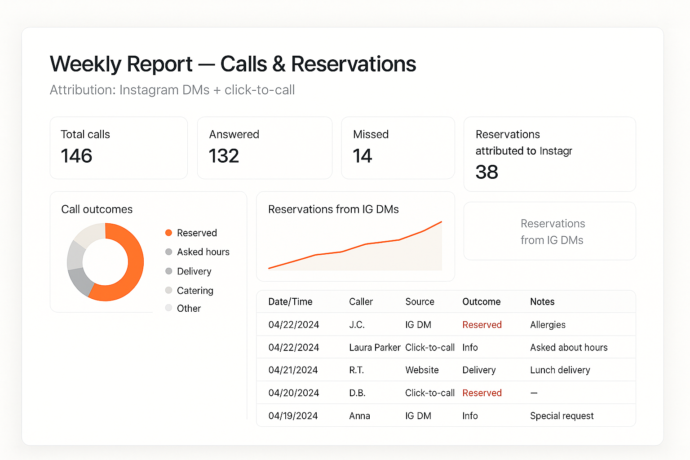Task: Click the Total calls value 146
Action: coord(76,156)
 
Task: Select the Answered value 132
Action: coord(224,156)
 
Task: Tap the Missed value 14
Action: coord(362,156)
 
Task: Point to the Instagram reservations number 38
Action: coord(487,172)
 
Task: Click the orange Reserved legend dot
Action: coord(169,233)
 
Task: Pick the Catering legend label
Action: coord(195,291)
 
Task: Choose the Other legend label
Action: coord(189,309)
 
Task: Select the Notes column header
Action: coord(542,302)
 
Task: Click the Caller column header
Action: coord(361,302)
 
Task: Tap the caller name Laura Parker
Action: coord(374,348)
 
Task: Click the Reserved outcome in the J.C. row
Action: coord(482,325)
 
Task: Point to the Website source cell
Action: coord(422,370)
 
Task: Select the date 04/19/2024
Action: coord(293,416)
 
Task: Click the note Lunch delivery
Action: coord(560,370)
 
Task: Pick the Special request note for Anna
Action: coord(562,416)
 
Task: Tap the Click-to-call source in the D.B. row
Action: coord(429,393)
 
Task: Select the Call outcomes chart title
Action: coord(97,209)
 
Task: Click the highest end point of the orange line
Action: coord(441,222)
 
